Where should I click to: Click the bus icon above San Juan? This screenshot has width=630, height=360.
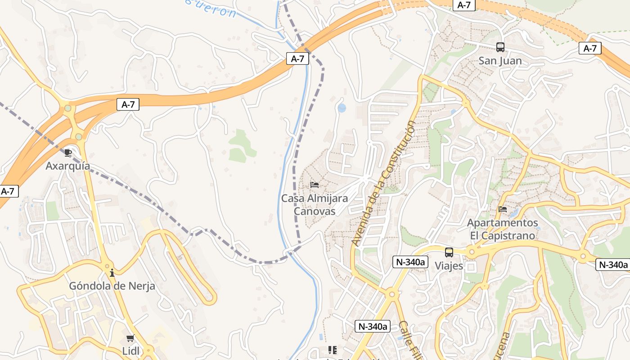(x=500, y=47)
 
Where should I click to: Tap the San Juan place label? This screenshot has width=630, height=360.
(x=500, y=61)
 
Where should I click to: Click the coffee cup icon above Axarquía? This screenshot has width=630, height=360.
(x=68, y=153)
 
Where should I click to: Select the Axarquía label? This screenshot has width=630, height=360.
(x=68, y=166)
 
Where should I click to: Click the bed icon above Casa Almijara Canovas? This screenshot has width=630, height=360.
(x=315, y=185)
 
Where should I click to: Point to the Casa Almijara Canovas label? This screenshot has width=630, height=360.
(x=315, y=204)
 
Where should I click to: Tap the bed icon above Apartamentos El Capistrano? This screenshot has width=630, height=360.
(x=503, y=209)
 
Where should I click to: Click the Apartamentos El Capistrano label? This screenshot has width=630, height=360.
(x=503, y=229)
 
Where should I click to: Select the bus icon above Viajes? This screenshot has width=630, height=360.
(x=449, y=252)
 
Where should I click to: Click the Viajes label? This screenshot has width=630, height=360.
(x=449, y=266)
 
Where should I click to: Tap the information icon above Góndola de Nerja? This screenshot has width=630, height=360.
(x=112, y=273)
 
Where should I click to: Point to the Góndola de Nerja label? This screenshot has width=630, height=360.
(x=112, y=286)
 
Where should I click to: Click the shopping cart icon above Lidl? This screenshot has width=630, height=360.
(x=130, y=338)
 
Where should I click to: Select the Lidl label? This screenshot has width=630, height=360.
(x=130, y=351)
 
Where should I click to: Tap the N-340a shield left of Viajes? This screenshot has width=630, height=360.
(x=409, y=262)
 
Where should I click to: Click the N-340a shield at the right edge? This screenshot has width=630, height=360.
(x=612, y=265)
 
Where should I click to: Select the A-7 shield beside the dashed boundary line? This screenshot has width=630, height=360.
(x=297, y=58)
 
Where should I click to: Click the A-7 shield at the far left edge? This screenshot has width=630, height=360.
(x=8, y=191)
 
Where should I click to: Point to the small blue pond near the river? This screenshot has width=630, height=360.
(x=342, y=108)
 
